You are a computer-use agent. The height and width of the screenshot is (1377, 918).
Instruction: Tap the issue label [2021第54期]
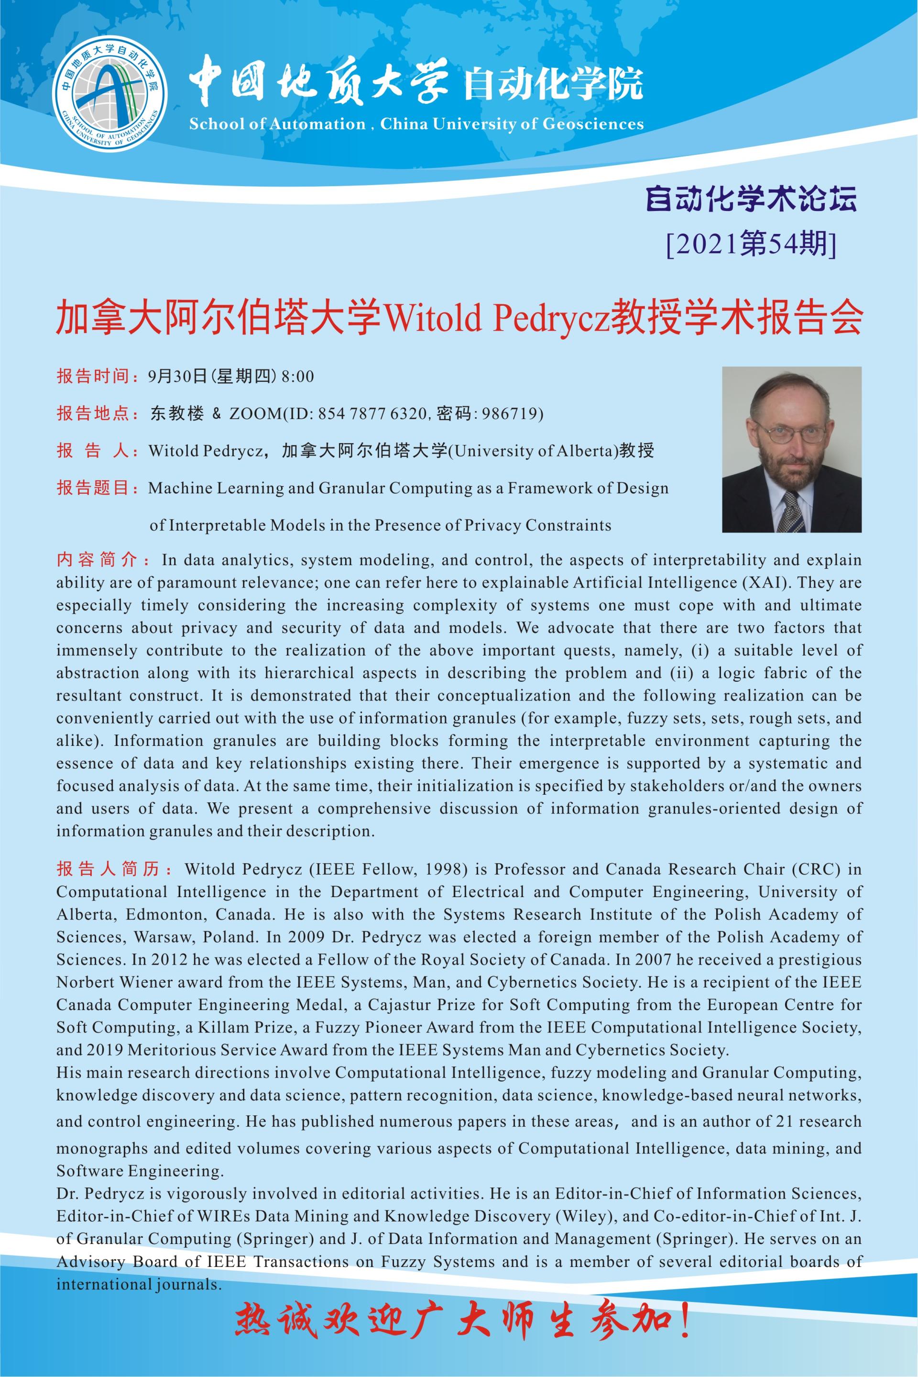tap(751, 243)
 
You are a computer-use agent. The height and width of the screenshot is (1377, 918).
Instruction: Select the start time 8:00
tap(297, 376)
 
